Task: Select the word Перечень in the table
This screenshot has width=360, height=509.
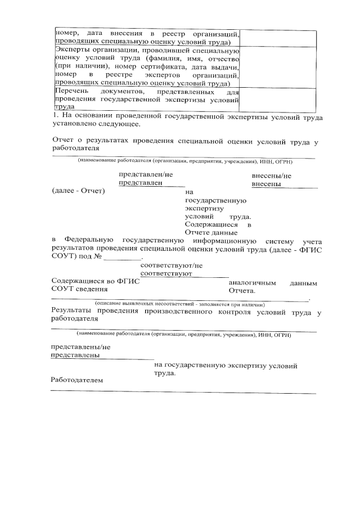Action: [x=70, y=91]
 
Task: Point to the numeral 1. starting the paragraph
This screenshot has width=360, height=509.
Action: [x=55, y=118]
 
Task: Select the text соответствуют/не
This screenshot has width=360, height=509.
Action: [x=171, y=265]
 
